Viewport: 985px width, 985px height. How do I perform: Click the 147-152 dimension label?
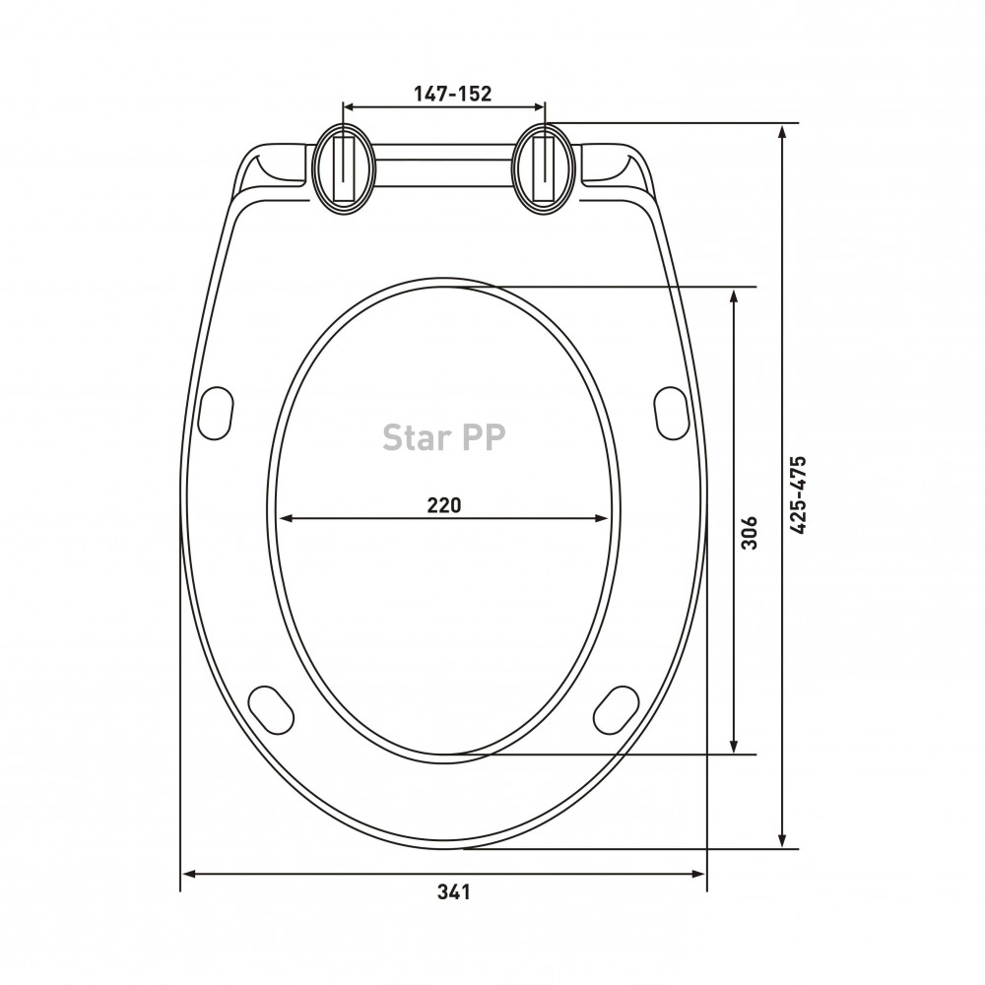452,94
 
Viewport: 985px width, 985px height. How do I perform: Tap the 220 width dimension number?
444,504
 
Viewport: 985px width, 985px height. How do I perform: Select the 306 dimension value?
750,533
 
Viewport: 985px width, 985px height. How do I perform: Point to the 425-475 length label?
797,495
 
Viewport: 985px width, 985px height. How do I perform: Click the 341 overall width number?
453,891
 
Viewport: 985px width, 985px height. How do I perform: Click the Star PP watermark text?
444,437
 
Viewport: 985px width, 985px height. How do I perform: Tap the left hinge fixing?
344,167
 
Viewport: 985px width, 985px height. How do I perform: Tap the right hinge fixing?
544,167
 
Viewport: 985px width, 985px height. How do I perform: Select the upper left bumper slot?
216,413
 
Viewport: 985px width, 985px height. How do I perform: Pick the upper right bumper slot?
672,413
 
